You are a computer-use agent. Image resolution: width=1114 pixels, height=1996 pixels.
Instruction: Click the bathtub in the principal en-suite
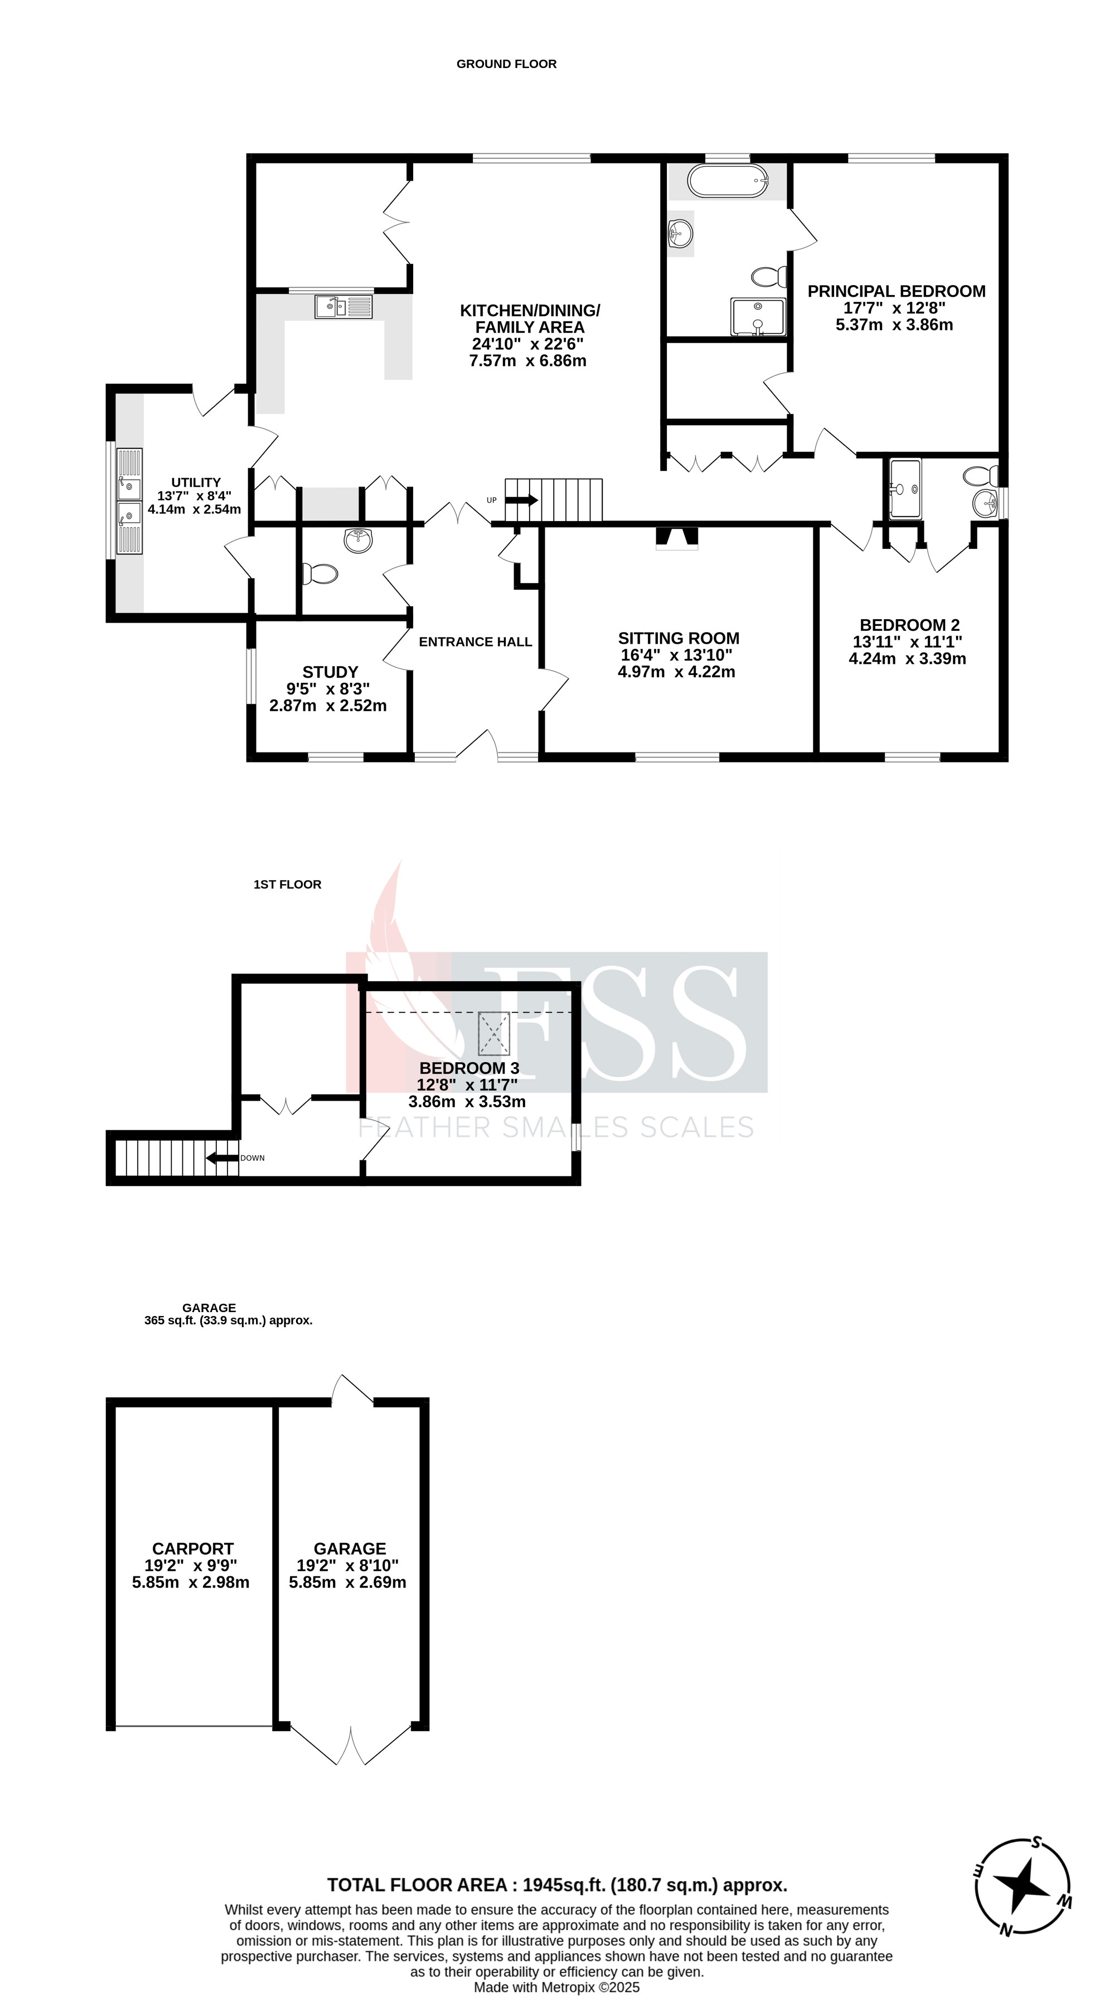pyautogui.click(x=726, y=181)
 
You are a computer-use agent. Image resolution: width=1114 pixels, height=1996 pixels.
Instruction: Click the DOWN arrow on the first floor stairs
pyautogui.click(x=221, y=1158)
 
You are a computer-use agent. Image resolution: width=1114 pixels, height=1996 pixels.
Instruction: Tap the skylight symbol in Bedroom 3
pyautogui.click(x=493, y=1033)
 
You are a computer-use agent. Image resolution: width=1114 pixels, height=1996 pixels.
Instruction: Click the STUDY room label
pyautogui.click(x=330, y=672)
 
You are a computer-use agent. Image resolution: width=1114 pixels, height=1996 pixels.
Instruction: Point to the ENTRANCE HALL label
pyautogui.click(x=475, y=642)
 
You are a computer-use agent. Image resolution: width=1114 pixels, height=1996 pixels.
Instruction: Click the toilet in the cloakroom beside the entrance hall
pyautogui.click(x=320, y=573)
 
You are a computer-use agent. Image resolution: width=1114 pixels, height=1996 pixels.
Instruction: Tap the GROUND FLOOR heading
pyautogui.click(x=506, y=64)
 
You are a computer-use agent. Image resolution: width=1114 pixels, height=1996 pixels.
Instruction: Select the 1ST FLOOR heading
pyautogui.click(x=287, y=884)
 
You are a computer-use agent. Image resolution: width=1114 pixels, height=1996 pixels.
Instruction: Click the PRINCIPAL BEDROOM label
pyautogui.click(x=897, y=291)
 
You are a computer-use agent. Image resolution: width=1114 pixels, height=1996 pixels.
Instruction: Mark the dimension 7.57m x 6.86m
pyautogui.click(x=527, y=360)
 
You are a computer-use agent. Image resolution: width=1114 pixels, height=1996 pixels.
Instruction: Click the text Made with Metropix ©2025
pyautogui.click(x=556, y=1987)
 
